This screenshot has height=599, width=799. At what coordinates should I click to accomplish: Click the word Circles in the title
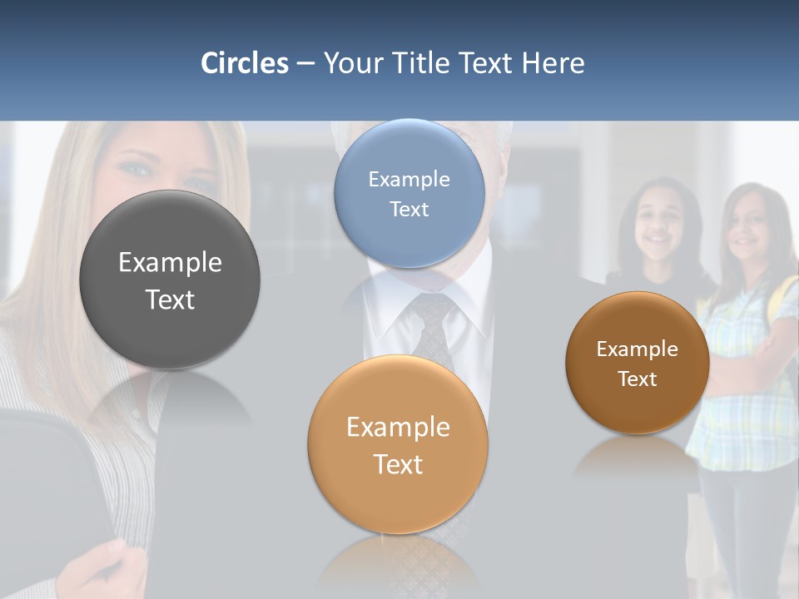[245, 63]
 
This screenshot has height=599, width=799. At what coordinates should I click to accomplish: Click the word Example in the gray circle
[170, 263]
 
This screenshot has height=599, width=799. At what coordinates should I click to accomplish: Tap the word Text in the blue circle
[409, 209]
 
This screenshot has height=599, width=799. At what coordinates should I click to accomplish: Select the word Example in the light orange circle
[398, 428]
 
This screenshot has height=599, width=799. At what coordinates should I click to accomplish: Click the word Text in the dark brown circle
[638, 379]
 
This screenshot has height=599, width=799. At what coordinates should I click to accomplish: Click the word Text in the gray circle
[170, 299]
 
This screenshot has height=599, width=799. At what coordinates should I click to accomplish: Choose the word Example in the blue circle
[409, 180]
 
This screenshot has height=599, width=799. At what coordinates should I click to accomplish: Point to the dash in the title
[305, 64]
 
